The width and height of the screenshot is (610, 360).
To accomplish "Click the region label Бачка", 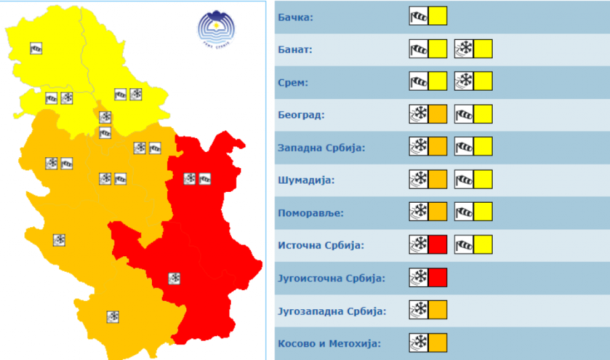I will pos(296,18).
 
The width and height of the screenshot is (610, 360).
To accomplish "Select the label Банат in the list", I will pos(295,50).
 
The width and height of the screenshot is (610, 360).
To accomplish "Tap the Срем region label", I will pos(293,83).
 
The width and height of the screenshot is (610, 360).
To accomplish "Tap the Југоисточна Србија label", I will pos(331,278).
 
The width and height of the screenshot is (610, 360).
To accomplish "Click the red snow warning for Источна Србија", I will pos(428,245).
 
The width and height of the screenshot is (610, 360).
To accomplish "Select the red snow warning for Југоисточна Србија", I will pos(428,277).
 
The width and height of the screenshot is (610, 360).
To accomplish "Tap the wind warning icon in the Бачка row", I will pos(428,16).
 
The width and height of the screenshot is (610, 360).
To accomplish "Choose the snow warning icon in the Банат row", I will pos(473,49).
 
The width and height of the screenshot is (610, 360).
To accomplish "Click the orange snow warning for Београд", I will pos(428,114).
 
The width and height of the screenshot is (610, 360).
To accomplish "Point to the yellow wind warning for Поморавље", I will pos(473,212).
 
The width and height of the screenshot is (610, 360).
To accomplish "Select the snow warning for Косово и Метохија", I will pos(428,342).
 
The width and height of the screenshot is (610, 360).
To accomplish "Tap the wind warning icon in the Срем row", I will pos(428,81).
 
